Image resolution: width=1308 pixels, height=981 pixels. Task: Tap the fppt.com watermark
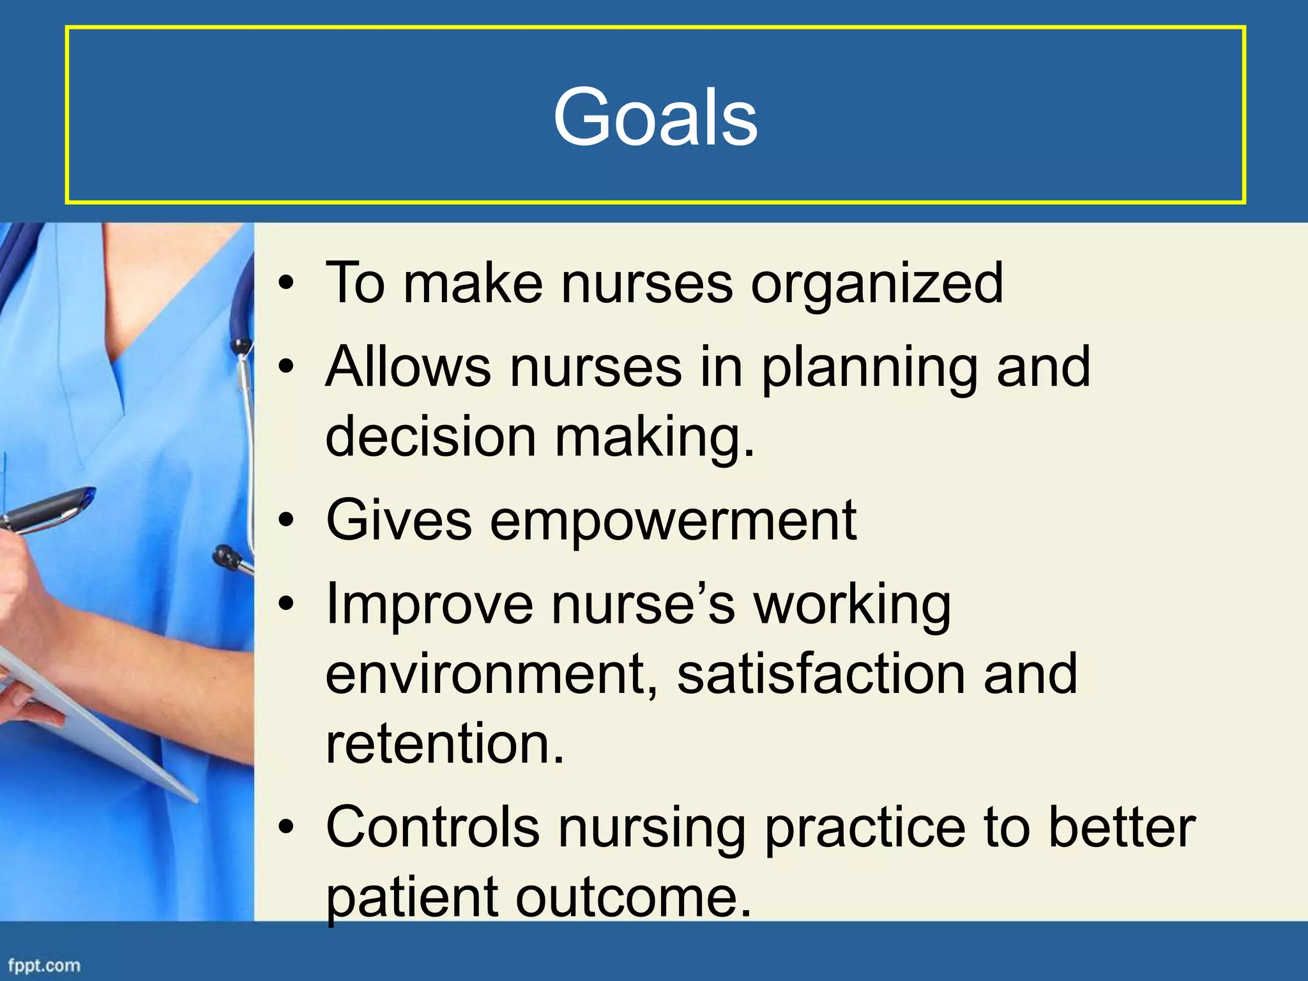click(44, 965)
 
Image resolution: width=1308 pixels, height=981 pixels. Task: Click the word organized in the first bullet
click(876, 284)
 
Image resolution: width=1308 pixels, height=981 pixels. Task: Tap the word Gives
click(399, 520)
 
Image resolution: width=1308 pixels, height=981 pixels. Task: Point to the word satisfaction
click(821, 674)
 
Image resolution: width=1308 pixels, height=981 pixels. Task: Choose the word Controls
click(432, 827)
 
